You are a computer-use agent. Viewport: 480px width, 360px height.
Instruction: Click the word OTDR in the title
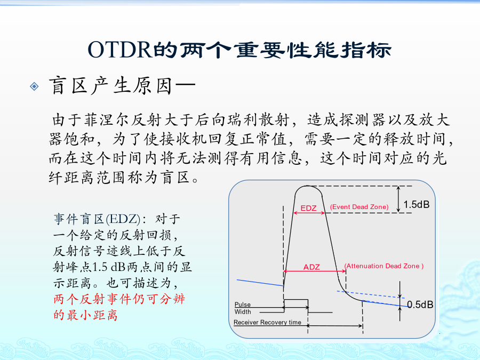[x=120, y=50]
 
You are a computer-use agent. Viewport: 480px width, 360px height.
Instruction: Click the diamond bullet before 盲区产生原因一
[x=34, y=86]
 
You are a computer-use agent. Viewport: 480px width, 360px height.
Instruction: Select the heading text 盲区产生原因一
[x=122, y=86]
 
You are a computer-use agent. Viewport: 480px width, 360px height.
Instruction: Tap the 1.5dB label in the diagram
[x=417, y=204]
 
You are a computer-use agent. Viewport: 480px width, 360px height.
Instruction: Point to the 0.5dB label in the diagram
[x=420, y=305]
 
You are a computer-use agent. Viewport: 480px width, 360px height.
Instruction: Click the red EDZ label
[x=308, y=208]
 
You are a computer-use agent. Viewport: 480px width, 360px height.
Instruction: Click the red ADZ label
[x=311, y=267]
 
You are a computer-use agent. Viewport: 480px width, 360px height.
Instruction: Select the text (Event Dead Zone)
[x=359, y=207]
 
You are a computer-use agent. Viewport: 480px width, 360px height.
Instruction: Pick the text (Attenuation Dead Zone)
[x=384, y=266]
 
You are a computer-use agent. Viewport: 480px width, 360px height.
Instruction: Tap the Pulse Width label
[x=243, y=308]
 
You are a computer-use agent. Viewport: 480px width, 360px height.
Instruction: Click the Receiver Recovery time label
[x=267, y=322]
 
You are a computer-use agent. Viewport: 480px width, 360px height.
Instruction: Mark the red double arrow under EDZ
[x=309, y=213]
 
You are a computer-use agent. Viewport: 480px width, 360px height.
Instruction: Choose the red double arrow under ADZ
[x=315, y=271]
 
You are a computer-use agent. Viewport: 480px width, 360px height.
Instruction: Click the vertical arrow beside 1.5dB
[x=398, y=199]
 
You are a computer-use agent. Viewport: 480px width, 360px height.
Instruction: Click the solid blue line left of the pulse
[x=260, y=283]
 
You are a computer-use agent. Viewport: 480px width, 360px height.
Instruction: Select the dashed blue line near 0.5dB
[x=371, y=294]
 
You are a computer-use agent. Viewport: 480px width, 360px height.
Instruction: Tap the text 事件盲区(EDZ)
[x=97, y=219]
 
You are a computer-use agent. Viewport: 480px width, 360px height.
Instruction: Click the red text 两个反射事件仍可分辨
[x=119, y=299]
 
